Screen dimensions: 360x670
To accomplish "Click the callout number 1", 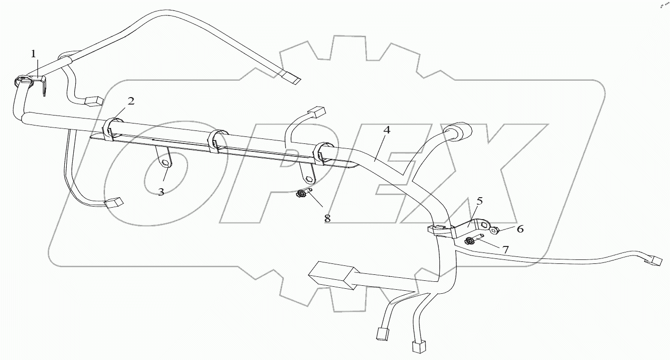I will (34, 54).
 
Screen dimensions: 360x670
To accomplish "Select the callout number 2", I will (131, 101).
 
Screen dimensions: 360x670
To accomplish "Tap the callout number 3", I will (161, 192).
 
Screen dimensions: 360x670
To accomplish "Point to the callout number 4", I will (387, 130).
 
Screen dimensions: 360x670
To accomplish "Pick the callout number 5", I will (479, 201).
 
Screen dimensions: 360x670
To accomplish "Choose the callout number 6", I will (520, 229).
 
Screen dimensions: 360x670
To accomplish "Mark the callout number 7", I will (505, 249).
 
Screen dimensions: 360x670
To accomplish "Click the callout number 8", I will (327, 218).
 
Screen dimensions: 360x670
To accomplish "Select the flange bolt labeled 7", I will (470, 241).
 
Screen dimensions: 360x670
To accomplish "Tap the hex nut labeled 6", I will (494, 230).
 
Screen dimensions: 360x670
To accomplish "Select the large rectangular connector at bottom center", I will (331, 275).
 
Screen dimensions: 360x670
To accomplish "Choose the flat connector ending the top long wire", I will (291, 77).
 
